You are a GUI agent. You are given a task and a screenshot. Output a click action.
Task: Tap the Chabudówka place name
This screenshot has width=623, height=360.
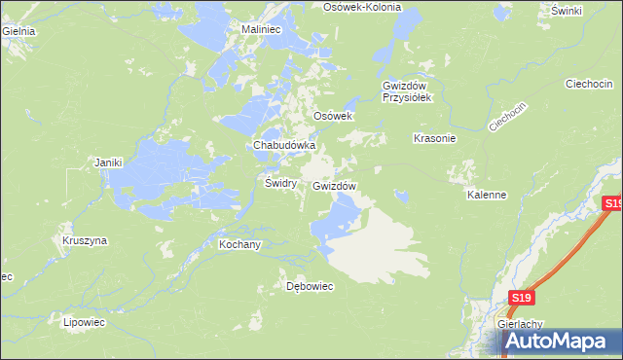(x=284, y=145)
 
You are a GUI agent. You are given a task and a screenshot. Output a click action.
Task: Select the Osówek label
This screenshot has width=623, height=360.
(x=331, y=115)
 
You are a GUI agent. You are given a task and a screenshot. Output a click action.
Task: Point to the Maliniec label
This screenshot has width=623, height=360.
(x=261, y=30)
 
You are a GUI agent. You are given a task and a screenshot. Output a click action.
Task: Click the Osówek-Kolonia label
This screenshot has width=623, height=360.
(x=362, y=6)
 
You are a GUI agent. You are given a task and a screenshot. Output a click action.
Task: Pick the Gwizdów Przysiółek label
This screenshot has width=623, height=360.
(x=413, y=90)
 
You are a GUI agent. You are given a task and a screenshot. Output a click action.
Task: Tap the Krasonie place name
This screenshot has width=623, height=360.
(x=435, y=138)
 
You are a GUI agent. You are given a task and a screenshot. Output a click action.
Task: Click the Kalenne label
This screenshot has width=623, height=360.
(x=487, y=195)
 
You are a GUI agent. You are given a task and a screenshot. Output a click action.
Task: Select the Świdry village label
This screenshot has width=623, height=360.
(x=280, y=182)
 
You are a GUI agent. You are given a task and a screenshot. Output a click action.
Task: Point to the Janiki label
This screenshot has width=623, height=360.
(x=107, y=162)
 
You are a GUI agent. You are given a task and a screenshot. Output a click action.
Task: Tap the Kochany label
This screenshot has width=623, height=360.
(x=239, y=244)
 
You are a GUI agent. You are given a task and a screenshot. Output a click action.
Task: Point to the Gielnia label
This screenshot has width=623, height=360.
(x=18, y=30)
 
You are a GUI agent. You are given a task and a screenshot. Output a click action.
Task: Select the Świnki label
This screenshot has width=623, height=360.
(x=566, y=10)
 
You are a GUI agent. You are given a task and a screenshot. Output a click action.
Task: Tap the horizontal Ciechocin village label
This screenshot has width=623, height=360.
(x=588, y=84)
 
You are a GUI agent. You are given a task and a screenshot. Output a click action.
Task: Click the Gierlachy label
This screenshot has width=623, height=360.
(x=519, y=325)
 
